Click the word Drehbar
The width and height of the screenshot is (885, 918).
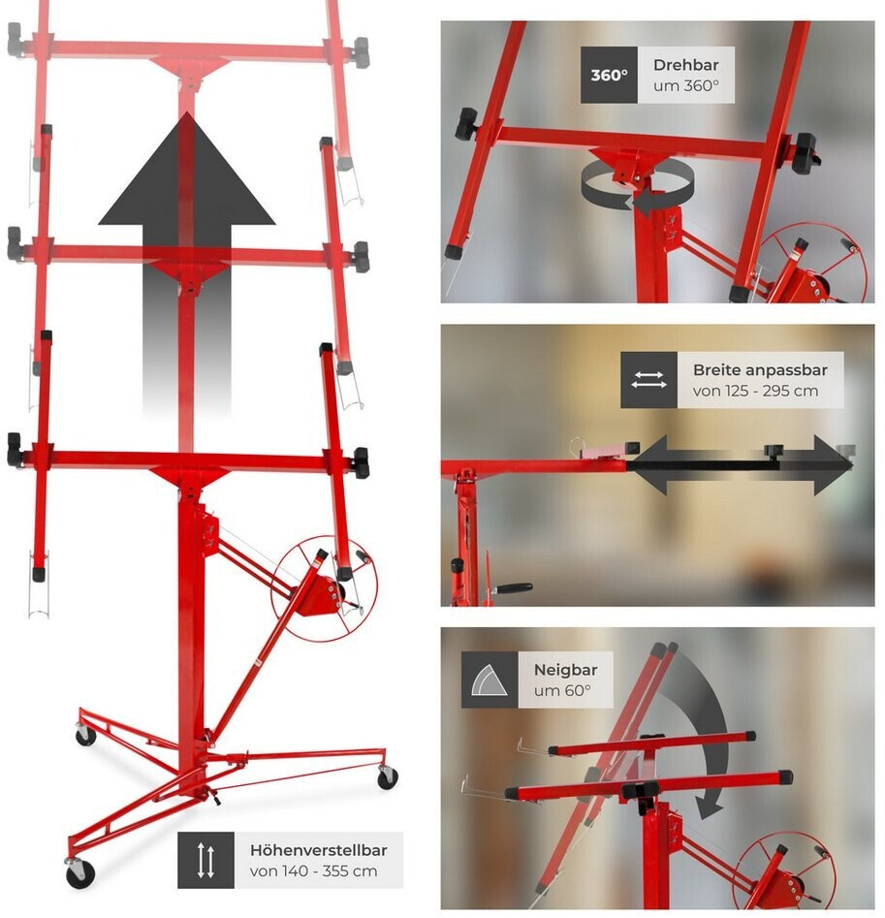coord(685,65)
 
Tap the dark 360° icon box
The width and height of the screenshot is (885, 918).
coord(609,75)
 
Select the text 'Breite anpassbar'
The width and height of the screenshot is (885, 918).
coord(760,370)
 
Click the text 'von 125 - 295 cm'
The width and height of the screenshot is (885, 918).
coord(755,391)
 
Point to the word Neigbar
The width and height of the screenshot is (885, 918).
coord(565,670)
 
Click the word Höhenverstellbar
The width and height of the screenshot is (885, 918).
coord(318,850)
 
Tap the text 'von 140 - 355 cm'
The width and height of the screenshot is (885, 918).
coord(313,871)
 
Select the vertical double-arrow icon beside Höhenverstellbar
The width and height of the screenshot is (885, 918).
coord(205,860)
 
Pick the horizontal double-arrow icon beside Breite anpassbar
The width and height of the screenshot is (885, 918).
coord(648,380)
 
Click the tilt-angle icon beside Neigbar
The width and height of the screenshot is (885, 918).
coord(490,680)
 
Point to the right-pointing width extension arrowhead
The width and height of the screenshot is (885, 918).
coord(830,465)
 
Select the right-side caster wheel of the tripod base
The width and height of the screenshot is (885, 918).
coord(387,776)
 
